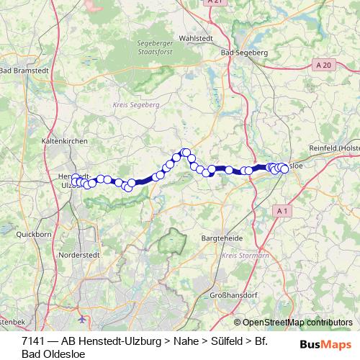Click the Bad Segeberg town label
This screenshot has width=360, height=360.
click(245, 53)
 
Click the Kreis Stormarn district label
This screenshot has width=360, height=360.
click(240, 255)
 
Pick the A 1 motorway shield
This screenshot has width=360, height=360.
click(283, 210)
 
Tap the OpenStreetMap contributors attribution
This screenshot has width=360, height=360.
click(297, 323)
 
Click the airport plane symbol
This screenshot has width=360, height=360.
click(84, 317)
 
